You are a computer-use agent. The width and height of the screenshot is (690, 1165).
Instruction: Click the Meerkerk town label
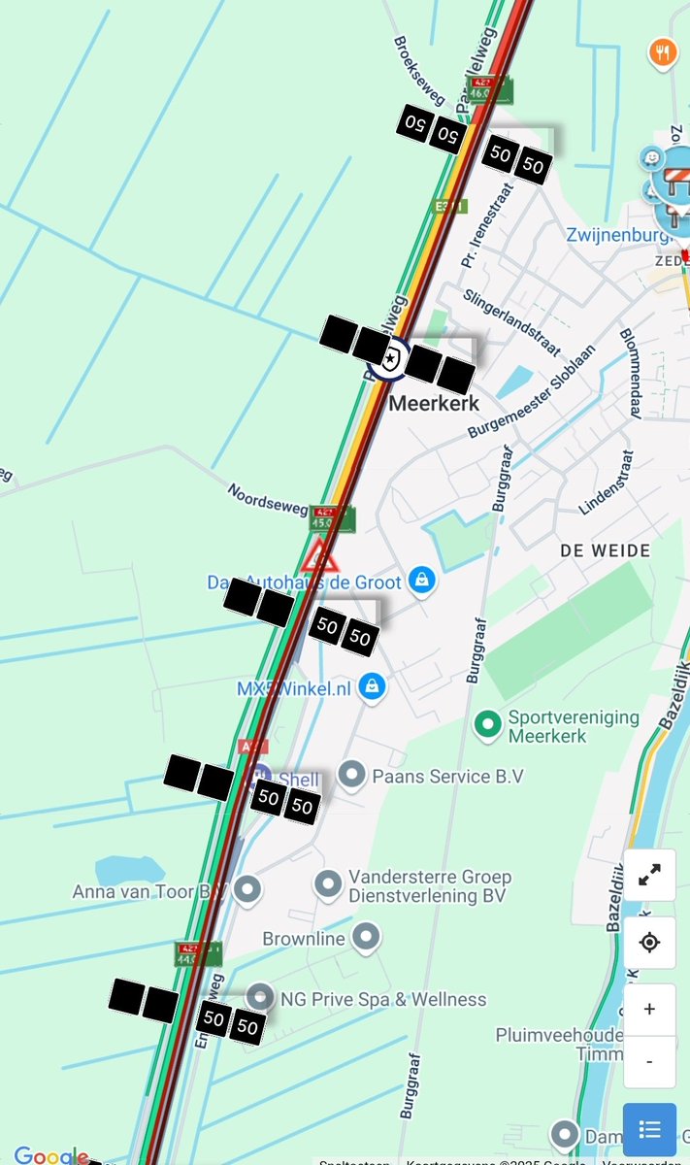click(x=434, y=403)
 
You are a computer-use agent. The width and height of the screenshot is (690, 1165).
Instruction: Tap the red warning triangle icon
click(x=319, y=558)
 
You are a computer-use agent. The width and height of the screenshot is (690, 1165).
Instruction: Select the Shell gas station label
click(x=298, y=780)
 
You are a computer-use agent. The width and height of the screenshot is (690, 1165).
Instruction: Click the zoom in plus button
click(x=649, y=1009)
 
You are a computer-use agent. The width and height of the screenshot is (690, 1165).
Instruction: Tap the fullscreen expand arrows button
click(x=649, y=876)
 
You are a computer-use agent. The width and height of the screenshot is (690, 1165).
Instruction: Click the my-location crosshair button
click(x=649, y=942)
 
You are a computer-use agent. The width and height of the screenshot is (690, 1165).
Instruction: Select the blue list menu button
click(x=649, y=1129)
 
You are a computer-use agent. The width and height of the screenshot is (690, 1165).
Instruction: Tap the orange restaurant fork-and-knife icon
click(x=663, y=51)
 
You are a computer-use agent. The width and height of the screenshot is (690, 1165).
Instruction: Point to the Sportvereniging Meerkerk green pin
click(x=487, y=723)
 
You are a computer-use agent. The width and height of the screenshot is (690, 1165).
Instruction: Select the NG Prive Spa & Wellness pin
click(x=260, y=996)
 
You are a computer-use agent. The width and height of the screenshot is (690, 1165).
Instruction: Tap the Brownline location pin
click(x=365, y=937)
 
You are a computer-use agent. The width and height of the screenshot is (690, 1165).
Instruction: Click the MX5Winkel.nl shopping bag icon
click(x=371, y=687)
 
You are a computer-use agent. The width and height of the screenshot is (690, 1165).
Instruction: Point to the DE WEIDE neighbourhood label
click(x=606, y=550)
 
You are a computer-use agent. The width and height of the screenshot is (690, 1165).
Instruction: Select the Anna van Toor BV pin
click(x=248, y=888)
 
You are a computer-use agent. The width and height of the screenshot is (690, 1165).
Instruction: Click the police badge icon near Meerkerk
click(x=390, y=359)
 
